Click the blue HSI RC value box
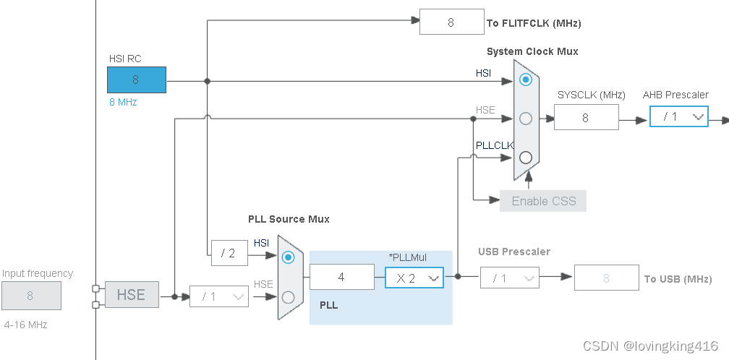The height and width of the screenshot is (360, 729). [137, 80]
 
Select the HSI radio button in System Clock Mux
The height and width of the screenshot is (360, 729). [526, 79]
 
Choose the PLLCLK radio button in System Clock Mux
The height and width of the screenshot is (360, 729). [526, 157]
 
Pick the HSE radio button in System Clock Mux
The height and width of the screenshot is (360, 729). [526, 118]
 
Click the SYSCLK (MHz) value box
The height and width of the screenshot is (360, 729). [586, 117]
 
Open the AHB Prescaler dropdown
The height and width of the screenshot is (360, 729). [678, 116]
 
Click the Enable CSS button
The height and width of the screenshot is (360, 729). [543, 201]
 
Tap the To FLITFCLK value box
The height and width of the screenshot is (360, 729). [451, 22]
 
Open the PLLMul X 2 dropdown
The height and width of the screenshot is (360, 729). [414, 278]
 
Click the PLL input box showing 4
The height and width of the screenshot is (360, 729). [341, 278]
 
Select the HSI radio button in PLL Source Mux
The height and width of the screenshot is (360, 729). [288, 257]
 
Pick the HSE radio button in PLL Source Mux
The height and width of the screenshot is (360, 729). [288, 296]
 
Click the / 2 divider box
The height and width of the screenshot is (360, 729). [229, 253]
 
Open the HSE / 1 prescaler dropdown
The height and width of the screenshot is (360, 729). [218, 296]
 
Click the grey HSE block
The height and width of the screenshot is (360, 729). [132, 295]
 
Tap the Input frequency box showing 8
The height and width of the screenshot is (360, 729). [30, 296]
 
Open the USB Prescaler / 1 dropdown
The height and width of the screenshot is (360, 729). [510, 278]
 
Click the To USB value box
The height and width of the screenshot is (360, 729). [606, 278]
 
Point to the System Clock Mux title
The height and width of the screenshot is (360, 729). [532, 51]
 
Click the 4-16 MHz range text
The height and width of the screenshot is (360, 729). [25, 325]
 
